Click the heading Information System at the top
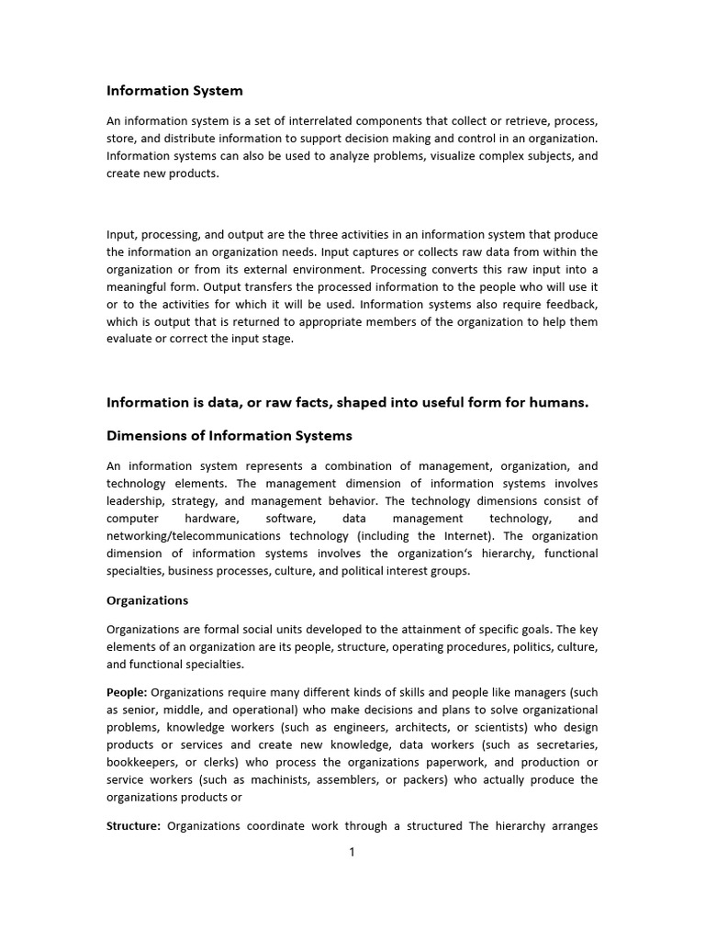174,91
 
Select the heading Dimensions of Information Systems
229,435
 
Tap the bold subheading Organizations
147,600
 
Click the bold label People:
127,693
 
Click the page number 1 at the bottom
352,852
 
